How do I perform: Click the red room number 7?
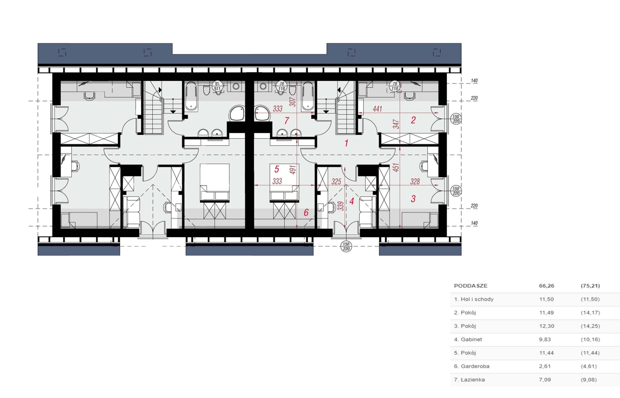click(x=286, y=121)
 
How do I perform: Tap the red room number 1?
click(x=346, y=143)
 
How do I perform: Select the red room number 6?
click(x=306, y=212)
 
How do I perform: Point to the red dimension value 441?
click(x=377, y=109)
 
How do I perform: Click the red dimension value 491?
click(x=293, y=170)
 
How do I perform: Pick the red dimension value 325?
click(x=336, y=182)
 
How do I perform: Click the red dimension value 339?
click(x=341, y=206)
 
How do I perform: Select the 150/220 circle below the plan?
click(x=346, y=246)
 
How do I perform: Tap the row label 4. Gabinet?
click(x=468, y=339)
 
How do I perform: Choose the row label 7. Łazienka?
click(x=469, y=380)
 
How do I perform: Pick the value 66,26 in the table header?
click(x=547, y=286)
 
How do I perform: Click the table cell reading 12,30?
click(x=547, y=326)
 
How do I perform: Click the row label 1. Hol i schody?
click(x=474, y=299)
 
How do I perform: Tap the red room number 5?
click(x=277, y=169)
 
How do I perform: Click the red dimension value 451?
click(x=396, y=167)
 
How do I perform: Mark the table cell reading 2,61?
click(x=545, y=366)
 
